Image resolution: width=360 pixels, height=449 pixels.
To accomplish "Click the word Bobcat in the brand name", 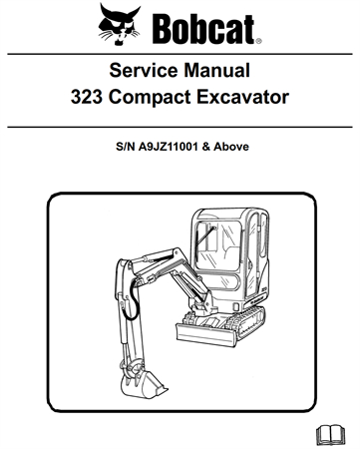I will (204, 26).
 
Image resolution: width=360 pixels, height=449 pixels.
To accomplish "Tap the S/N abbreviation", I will (123, 146).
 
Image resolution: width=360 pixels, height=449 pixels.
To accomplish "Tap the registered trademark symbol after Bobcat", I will (257, 42).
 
